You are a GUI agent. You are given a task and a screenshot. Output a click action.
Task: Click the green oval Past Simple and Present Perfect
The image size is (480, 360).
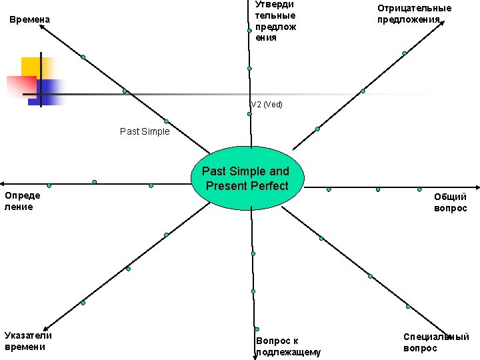248,179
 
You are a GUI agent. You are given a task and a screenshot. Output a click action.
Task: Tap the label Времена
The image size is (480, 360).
30,20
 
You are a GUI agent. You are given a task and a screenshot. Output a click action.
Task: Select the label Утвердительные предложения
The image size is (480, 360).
275,21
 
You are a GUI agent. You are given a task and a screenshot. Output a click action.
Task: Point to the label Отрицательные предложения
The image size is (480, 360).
414,13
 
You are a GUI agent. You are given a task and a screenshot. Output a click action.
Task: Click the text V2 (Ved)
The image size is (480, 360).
267,105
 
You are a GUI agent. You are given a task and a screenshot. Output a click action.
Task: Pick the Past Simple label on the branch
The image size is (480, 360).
145,131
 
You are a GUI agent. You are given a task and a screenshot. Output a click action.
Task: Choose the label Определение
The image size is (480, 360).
22,201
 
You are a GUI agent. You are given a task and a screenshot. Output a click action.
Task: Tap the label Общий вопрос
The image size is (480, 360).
450,203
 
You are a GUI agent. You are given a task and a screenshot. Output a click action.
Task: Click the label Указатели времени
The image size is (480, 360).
28,341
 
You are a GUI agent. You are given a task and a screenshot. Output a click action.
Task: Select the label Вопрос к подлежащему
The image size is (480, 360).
288,346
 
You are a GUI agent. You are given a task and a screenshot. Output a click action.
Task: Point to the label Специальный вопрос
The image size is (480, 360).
436,343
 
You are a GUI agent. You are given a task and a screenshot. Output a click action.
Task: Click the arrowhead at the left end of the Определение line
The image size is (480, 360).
3,183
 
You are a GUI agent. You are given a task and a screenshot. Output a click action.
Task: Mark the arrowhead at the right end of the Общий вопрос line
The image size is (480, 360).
477,187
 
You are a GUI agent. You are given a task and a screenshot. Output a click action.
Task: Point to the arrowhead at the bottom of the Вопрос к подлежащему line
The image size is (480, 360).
255,357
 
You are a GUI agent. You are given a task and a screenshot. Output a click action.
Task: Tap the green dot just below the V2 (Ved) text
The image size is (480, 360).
249,114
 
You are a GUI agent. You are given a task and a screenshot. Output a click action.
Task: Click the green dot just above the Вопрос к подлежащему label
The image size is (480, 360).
256,328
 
